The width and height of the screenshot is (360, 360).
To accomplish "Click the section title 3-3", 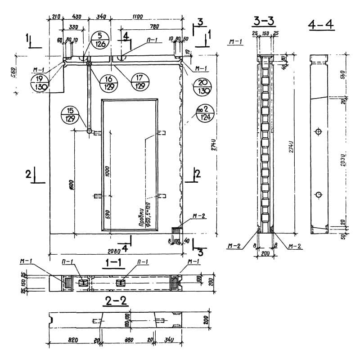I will [264, 21].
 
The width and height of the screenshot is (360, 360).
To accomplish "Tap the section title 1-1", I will [110, 265].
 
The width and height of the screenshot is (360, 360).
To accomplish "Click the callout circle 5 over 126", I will [99, 40].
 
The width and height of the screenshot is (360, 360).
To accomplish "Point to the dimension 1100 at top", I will [138, 17].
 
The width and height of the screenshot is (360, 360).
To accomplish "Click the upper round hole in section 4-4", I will [319, 132].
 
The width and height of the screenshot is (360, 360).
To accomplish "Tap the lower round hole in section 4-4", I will [319, 194].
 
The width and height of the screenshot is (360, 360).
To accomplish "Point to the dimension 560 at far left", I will [13, 72].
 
